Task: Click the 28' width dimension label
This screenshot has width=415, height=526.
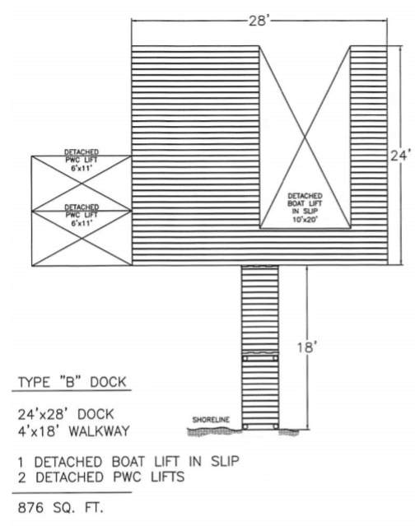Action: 259,21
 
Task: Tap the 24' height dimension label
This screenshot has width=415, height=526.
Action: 400,156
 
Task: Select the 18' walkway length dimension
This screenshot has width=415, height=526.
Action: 307,347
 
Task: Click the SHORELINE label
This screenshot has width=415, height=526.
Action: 211,420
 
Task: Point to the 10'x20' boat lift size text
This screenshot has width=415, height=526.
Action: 305,219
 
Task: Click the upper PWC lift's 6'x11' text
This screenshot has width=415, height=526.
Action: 82,169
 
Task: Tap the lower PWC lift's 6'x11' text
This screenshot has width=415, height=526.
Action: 82,223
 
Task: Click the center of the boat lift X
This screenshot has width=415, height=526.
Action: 305,137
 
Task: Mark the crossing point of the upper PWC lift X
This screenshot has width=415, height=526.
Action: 82,184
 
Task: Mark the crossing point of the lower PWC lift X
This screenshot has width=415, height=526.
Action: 82,239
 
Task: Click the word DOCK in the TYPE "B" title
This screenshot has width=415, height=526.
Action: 109,382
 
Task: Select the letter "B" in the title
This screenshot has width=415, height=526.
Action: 70,382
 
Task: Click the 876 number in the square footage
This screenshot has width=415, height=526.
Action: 30,508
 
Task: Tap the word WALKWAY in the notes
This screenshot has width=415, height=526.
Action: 99,431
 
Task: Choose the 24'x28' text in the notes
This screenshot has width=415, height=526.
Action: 42,415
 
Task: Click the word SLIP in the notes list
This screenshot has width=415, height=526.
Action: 225,461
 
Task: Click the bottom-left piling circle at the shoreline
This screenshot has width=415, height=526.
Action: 245,426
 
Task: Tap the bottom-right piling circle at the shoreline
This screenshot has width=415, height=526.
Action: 276,426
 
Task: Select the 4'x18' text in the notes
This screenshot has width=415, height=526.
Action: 40,431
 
